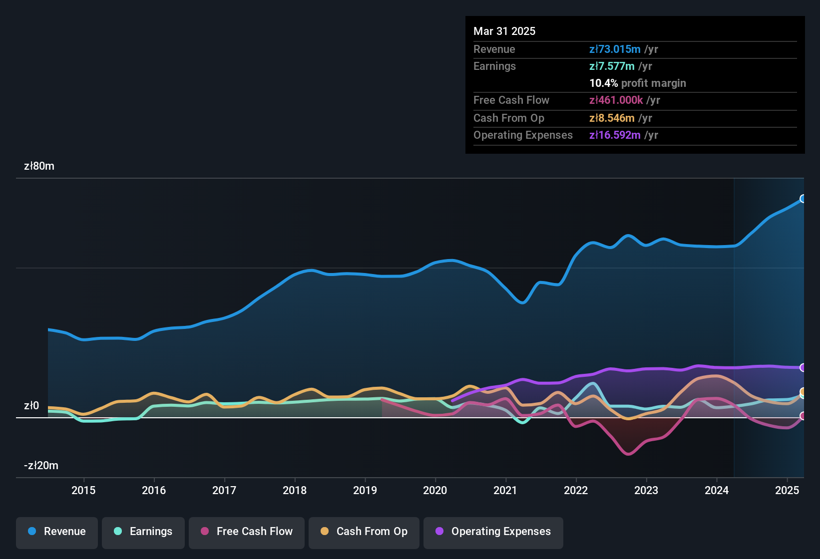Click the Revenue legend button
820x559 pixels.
pyautogui.click(x=57, y=532)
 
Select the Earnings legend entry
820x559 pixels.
pyautogui.click(x=143, y=532)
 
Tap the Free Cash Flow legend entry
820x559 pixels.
pyautogui.click(x=246, y=532)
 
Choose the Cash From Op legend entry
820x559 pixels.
pyautogui.click(x=364, y=532)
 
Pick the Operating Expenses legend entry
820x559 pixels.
pyautogui.click(x=493, y=532)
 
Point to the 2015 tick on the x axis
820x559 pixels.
pyautogui.click(x=83, y=490)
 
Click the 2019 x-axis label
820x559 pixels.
pyautogui.click(x=365, y=490)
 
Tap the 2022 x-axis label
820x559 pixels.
pyautogui.click(x=576, y=490)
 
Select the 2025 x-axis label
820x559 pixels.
pyautogui.click(x=787, y=490)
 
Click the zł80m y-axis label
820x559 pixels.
pyautogui.click(x=39, y=166)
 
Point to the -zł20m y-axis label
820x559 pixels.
pyautogui.click(x=41, y=466)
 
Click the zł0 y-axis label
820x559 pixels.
pyautogui.click(x=31, y=406)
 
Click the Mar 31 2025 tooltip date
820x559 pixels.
pyautogui.click(x=504, y=31)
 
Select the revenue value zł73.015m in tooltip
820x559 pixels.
pyautogui.click(x=615, y=49)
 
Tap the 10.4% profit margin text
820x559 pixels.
pyautogui.click(x=638, y=83)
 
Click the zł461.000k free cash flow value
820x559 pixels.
pyautogui.click(x=616, y=100)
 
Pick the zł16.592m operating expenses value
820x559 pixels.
pyautogui.click(x=615, y=135)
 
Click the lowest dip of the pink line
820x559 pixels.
pyautogui.click(x=628, y=454)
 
